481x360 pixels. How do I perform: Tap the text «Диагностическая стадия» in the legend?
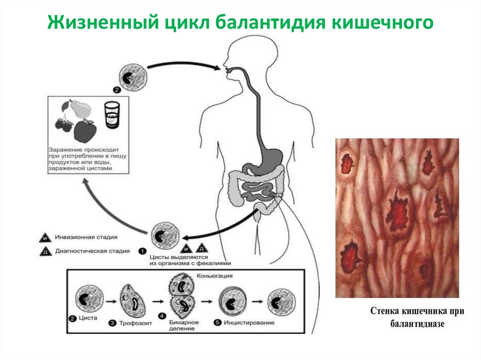tap(92, 251)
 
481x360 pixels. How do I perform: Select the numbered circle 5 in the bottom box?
tap(217, 322)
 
